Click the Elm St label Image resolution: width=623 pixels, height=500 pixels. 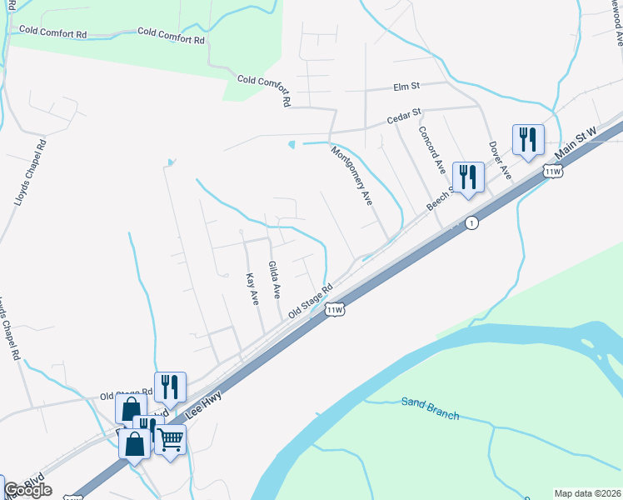click(x=408, y=86)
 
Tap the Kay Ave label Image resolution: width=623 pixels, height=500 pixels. click(x=252, y=288)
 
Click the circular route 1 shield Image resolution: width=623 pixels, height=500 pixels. click(x=471, y=223)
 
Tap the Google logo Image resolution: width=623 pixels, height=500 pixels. click(x=27, y=489)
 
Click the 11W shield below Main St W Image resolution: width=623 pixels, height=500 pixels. click(x=552, y=172)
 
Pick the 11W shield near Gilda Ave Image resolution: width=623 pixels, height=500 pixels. click(x=335, y=310)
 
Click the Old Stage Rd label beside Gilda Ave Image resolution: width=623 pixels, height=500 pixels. click(x=310, y=300)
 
